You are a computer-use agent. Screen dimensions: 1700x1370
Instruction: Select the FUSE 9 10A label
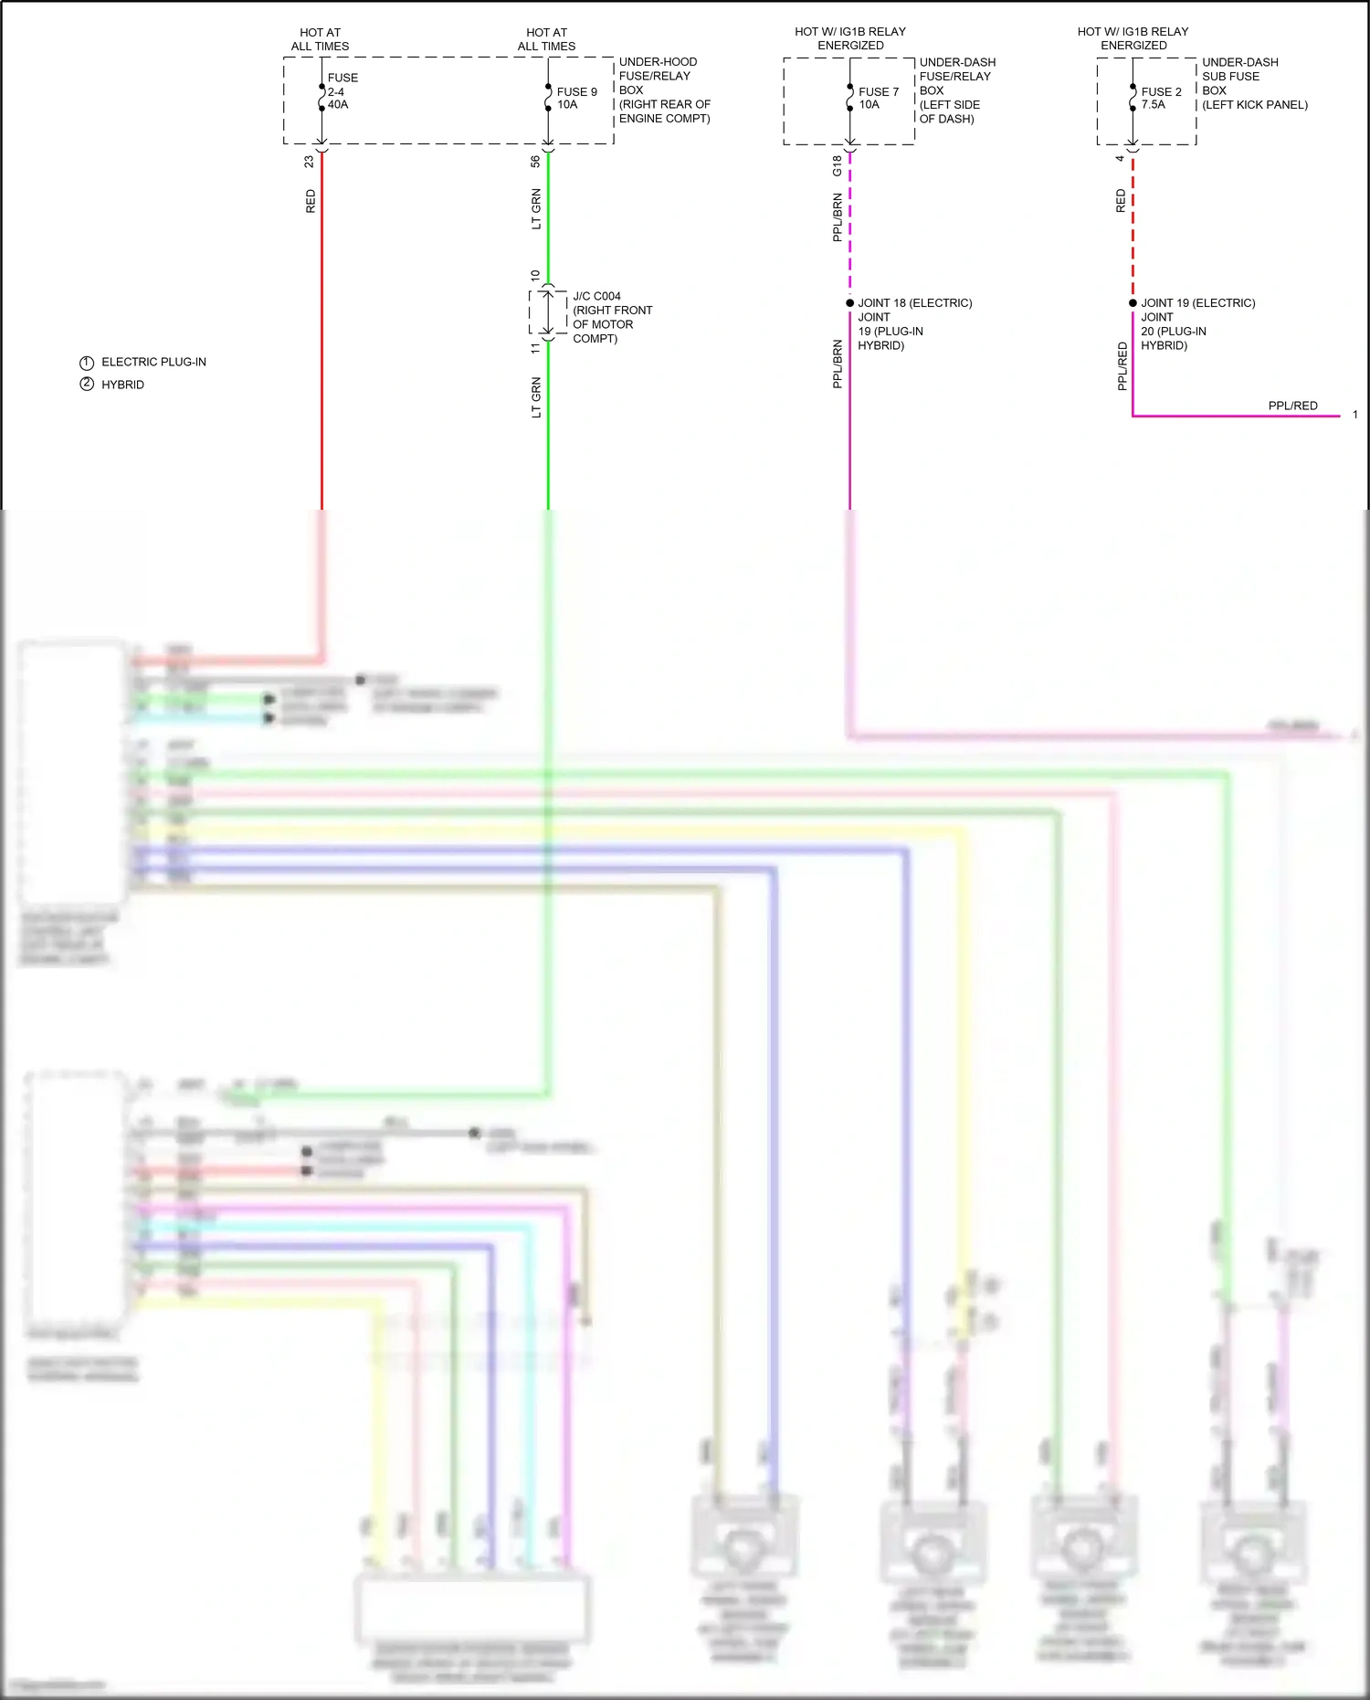point(575,98)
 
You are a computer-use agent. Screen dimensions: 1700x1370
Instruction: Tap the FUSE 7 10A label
point(877,98)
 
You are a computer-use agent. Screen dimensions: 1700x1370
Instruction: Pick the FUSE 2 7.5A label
point(1160,98)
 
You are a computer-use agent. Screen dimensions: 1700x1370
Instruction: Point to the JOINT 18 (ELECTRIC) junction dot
point(849,303)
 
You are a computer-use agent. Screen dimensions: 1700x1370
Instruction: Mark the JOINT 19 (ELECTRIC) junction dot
point(1133,303)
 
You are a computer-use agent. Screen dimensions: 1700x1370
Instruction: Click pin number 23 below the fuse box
point(309,162)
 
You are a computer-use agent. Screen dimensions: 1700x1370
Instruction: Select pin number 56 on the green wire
point(535,162)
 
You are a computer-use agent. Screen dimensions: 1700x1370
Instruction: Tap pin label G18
point(837,166)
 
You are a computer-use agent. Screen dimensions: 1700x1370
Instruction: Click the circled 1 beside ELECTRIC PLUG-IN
point(87,363)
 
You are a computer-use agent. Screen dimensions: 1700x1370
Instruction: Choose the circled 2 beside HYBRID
point(87,385)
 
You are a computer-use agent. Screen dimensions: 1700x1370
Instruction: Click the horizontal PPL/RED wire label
point(1292,406)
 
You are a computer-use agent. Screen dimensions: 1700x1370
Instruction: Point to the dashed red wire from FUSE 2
point(1133,228)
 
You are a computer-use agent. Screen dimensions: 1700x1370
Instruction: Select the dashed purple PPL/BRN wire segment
point(849,228)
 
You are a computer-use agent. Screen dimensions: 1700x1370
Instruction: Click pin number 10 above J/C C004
point(535,275)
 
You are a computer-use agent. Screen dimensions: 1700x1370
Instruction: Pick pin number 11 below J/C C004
point(535,348)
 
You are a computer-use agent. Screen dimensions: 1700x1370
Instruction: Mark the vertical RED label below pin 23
point(311,201)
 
